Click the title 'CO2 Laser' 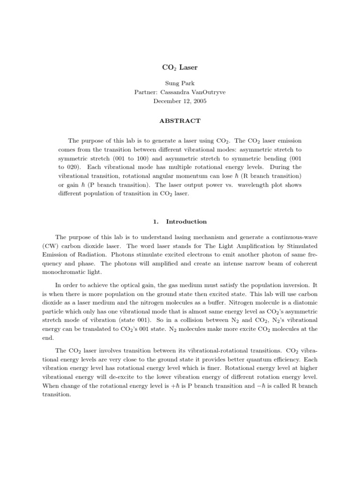tap(180, 67)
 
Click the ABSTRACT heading tap(180, 121)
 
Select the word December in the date tap(168, 101)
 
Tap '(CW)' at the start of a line tap(63, 246)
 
